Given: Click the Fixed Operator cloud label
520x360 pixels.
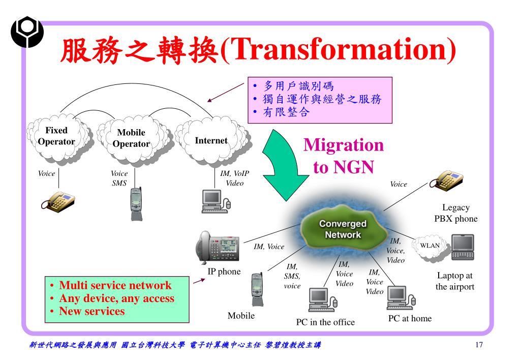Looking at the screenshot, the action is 56,136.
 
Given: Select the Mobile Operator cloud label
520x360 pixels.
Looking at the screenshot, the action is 131,138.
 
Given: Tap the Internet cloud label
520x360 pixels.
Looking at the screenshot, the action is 211,140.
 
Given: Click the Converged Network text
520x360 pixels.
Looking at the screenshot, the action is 343,229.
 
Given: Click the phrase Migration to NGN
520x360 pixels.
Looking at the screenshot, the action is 343,156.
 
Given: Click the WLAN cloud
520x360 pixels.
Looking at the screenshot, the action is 429,246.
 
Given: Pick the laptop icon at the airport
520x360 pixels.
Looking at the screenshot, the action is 463,248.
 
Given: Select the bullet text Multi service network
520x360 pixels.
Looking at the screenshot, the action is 115,285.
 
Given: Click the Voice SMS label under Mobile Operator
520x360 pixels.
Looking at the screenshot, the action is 119,178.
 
